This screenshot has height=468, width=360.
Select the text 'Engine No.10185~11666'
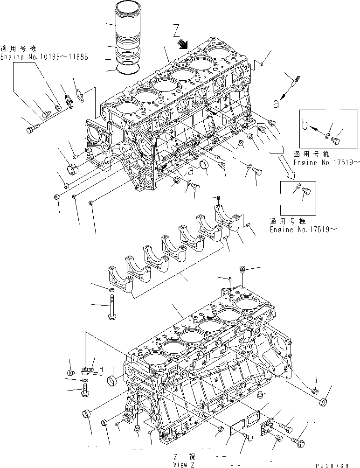click(x=44, y=57)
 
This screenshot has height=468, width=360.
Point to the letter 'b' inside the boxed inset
click(x=305, y=125)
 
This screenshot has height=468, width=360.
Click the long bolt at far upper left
click(x=33, y=124)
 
